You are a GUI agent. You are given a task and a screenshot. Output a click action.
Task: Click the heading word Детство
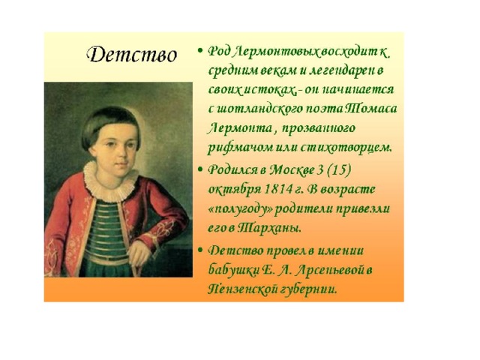[x=132, y=55]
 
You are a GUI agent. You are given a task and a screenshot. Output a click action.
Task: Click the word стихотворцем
[x=345, y=148]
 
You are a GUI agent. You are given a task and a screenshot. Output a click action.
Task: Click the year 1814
[x=277, y=189]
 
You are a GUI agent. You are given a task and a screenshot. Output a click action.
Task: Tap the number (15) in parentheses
[x=338, y=170]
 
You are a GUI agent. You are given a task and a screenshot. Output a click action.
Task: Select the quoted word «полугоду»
[x=240, y=210]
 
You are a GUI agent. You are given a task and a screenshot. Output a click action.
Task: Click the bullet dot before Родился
[x=200, y=169]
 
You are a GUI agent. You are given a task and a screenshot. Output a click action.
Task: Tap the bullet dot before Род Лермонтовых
[x=200, y=50]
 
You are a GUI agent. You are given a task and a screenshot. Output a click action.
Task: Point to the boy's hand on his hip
[x=139, y=253]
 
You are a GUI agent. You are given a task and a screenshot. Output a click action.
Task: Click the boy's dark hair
[x=110, y=124]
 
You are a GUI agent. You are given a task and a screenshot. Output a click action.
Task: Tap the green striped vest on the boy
[x=106, y=229]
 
